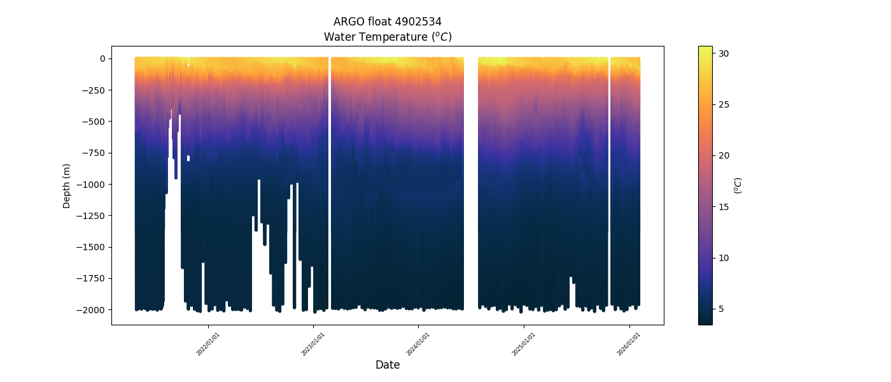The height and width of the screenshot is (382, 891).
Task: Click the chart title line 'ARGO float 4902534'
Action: [x=388, y=22]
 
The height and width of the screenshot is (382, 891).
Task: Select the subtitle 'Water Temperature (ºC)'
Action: [x=388, y=37]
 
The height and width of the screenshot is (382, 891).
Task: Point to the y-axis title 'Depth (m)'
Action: [x=67, y=185]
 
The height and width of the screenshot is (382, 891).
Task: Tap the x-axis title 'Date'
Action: [x=388, y=365]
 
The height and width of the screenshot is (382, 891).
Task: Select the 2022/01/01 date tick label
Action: [x=208, y=344]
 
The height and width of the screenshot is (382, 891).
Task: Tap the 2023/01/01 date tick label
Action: [x=313, y=344]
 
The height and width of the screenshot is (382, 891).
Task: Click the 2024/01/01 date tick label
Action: [x=418, y=344]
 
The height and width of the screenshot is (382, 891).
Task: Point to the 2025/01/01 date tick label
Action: [x=524, y=344]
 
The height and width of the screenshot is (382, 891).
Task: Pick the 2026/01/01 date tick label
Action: [x=629, y=344]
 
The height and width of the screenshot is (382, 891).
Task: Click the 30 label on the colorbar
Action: [x=724, y=53]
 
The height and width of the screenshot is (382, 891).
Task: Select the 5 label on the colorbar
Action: [x=722, y=309]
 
